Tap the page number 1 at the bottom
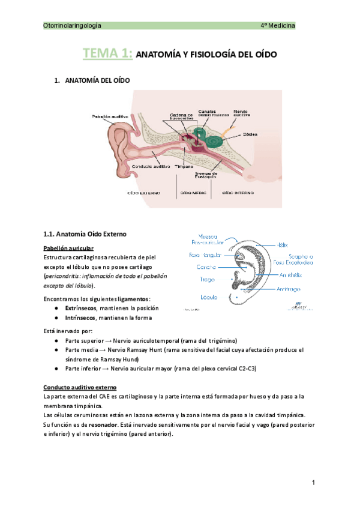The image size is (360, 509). pos(313,483)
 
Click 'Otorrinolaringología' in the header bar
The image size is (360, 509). pos(73,26)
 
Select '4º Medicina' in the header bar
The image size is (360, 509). pos(277,26)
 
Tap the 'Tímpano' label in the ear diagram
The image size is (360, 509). pos(184,166)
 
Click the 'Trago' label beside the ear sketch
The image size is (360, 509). pos(207,280)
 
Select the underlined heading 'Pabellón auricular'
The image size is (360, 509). pos(68,248)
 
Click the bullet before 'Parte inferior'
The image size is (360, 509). pos(56,369)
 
